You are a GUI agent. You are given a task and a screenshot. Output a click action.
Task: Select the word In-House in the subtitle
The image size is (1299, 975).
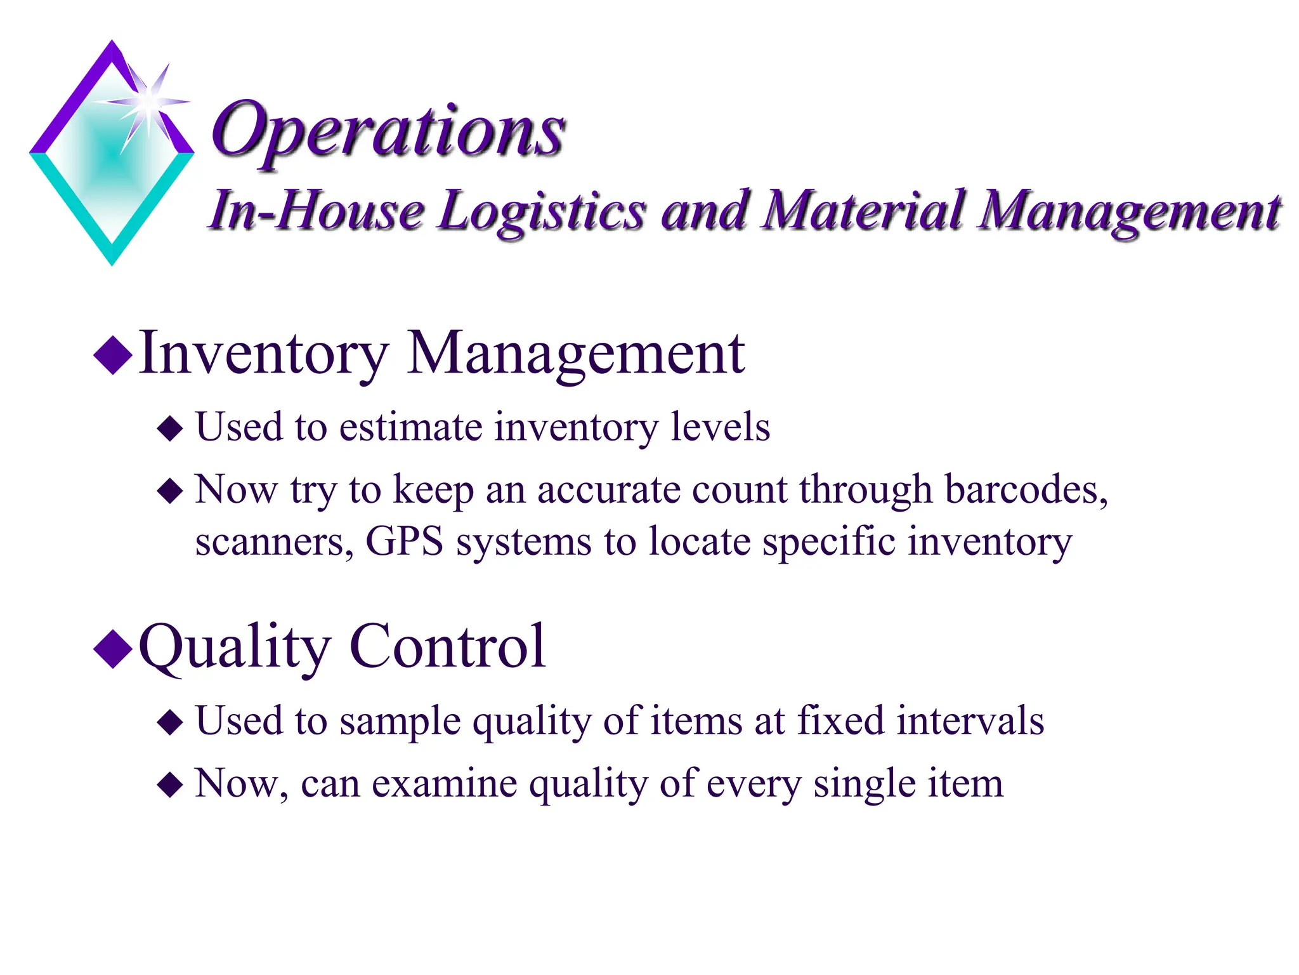(317, 211)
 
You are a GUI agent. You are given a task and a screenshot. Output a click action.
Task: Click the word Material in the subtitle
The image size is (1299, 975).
(863, 211)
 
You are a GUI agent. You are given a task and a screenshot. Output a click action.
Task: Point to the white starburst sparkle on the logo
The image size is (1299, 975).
(148, 102)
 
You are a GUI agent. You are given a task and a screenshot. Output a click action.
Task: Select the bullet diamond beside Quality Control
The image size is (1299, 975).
(113, 649)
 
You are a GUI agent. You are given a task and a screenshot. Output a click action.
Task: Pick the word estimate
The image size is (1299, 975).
(411, 427)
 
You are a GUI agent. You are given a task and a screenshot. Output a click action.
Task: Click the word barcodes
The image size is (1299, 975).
(1026, 490)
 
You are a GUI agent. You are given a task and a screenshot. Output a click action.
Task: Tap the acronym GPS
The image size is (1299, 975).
(405, 541)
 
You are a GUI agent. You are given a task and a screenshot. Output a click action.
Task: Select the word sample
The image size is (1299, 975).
(400, 722)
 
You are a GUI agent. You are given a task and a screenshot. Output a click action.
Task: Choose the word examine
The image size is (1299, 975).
(444, 783)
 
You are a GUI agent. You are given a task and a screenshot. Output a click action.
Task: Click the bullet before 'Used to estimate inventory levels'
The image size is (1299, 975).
(170, 428)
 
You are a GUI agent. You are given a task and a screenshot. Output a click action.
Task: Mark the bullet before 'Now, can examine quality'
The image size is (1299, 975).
(170, 785)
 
